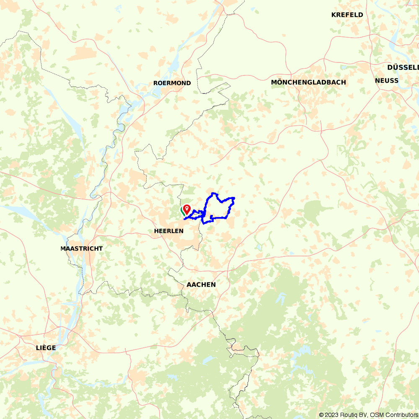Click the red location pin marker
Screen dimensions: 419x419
point(186,208)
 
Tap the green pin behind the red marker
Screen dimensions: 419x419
point(183,210)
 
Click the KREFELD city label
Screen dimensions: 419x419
point(347,15)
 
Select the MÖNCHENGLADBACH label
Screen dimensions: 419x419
point(308,82)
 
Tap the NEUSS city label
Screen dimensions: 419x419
point(386,80)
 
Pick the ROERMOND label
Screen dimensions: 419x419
point(172,83)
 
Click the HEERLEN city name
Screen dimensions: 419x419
point(168,231)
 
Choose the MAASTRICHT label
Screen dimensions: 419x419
point(81,248)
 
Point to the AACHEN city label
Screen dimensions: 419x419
point(201,285)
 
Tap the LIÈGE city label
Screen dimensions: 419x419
point(46,348)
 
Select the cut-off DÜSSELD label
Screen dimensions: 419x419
point(403,67)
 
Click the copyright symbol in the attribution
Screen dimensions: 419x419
point(321,415)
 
